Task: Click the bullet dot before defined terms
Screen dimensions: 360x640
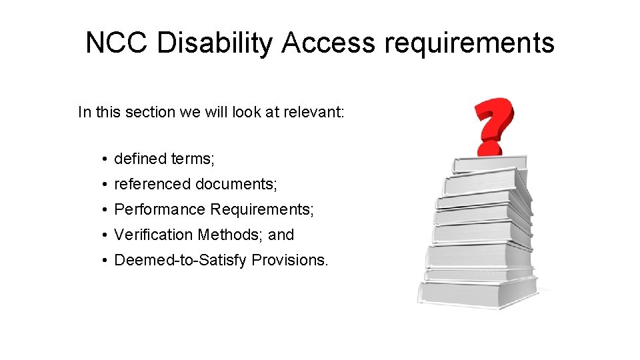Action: [105, 159]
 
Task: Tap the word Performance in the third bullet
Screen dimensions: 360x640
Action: [160, 209]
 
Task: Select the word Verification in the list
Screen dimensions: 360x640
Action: [154, 235]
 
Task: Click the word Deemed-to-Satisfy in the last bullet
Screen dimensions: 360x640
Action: [181, 260]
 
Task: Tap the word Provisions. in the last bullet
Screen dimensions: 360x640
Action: [290, 260]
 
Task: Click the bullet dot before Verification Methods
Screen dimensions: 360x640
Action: [105, 235]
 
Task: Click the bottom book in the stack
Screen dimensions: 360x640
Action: [477, 293]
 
